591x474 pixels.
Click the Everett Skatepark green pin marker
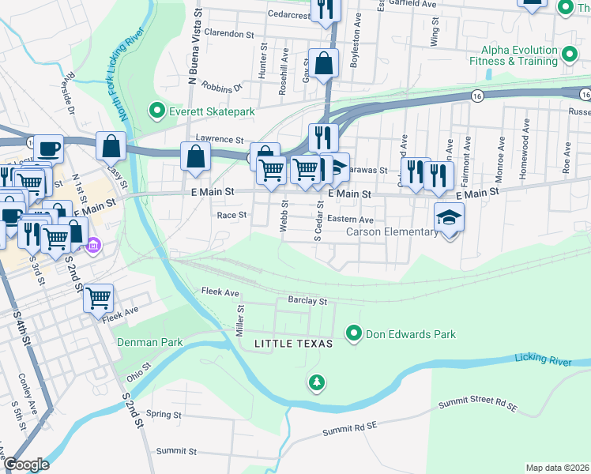(x=157, y=111)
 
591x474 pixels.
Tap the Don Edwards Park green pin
(x=354, y=333)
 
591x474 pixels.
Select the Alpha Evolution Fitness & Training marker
(x=569, y=55)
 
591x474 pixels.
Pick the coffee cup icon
(x=48, y=147)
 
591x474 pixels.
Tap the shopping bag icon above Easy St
(x=111, y=145)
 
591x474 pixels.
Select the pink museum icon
(x=93, y=246)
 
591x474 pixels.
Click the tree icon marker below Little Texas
(x=317, y=382)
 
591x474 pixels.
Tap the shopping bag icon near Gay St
(x=324, y=64)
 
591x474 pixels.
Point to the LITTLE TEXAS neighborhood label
(x=293, y=344)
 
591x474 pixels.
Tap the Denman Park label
(x=150, y=342)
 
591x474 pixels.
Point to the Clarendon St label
(x=229, y=34)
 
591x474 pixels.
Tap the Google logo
(x=26, y=465)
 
